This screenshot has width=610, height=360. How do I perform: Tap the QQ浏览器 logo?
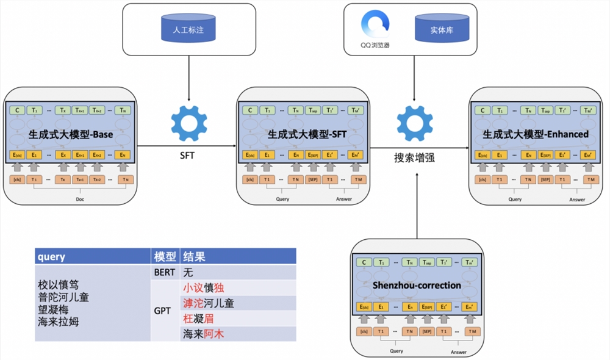click(375, 24)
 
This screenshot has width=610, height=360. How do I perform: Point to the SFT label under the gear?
click(187, 156)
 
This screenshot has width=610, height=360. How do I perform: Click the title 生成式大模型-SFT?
click(303, 134)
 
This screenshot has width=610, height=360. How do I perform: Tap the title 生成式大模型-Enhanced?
click(536, 134)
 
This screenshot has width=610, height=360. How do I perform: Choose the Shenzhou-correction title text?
click(415, 285)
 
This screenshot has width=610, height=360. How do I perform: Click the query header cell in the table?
click(51, 257)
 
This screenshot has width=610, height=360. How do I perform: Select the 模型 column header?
click(165, 257)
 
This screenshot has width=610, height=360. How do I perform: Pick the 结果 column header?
click(195, 257)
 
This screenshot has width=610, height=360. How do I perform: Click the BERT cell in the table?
click(165, 272)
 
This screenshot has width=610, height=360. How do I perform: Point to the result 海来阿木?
click(204, 334)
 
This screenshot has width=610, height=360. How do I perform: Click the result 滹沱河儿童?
click(209, 303)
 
